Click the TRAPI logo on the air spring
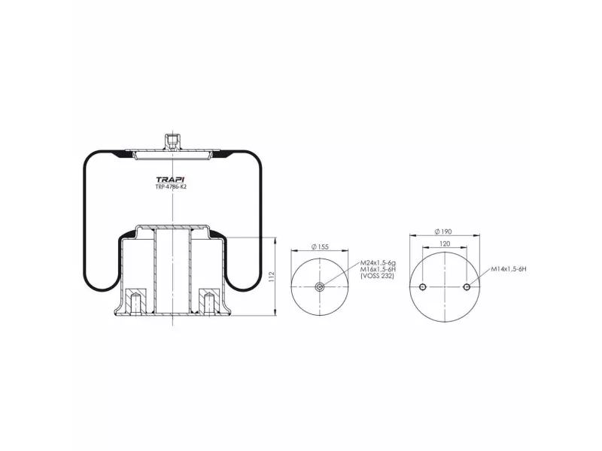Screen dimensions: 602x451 (x=171, y=180)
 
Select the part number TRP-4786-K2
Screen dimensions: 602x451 (x=171, y=187)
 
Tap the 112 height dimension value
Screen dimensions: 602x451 (x=272, y=277)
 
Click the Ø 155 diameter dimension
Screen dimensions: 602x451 (x=320, y=247)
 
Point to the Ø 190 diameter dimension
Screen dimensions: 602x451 (x=443, y=232)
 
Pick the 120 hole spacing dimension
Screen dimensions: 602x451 (x=445, y=244)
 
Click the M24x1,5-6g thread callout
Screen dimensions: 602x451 (x=378, y=262)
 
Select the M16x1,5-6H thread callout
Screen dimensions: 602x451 (x=378, y=269)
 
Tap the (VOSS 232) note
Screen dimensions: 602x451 (x=378, y=275)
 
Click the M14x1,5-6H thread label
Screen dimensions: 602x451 (x=509, y=269)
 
